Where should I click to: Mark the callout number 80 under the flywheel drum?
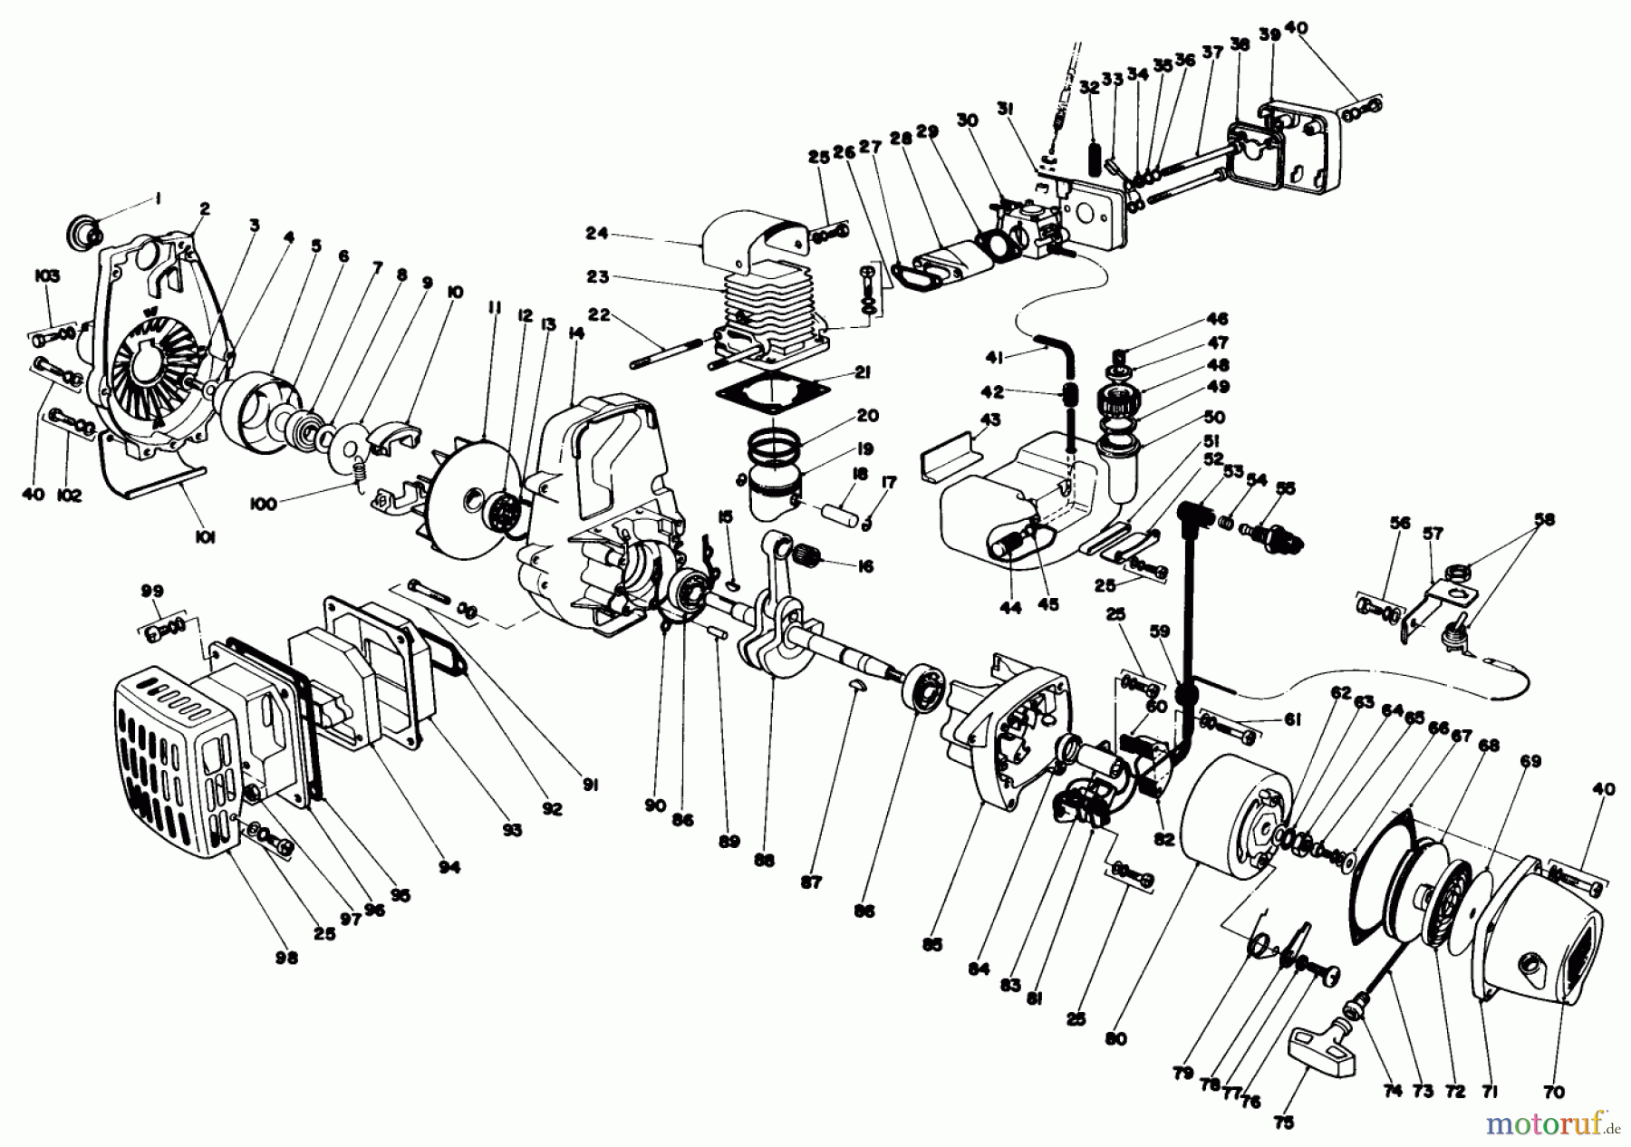(x=1116, y=1039)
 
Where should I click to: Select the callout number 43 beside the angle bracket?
(x=989, y=421)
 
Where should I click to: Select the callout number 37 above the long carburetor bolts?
(x=1211, y=53)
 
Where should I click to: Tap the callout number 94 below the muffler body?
(x=450, y=867)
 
